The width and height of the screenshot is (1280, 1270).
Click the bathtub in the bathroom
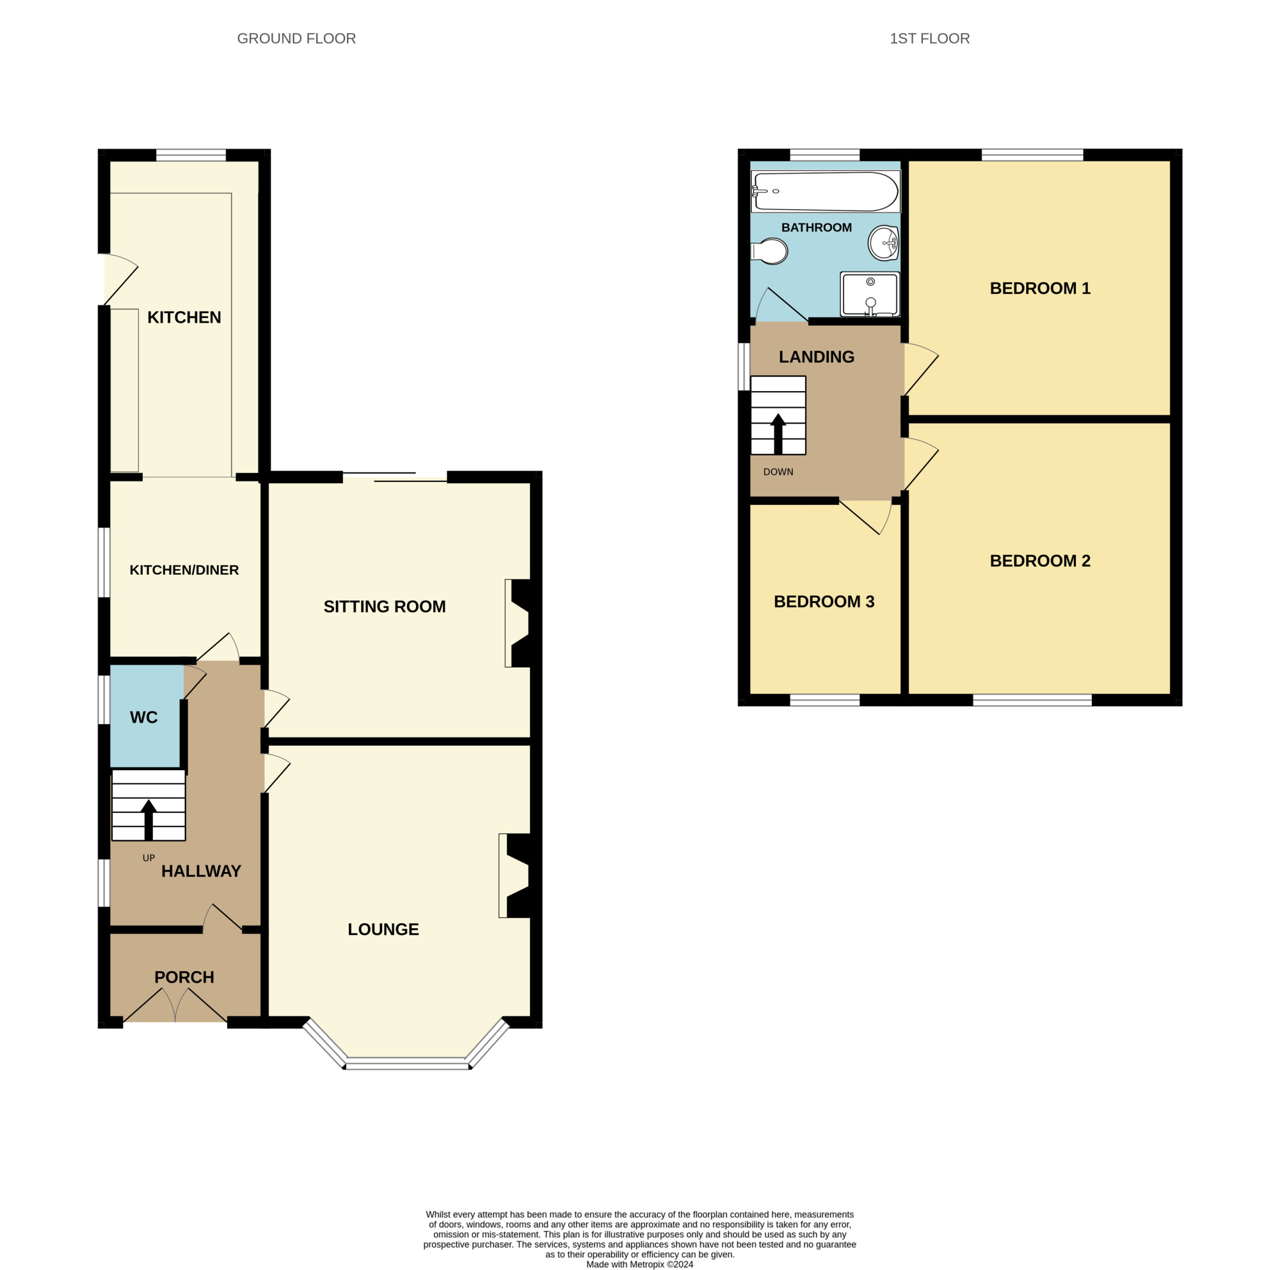(826, 191)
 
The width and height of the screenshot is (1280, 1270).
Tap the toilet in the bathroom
(769, 251)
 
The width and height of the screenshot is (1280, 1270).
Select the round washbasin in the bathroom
(883, 243)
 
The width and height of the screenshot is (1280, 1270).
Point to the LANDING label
(816, 357)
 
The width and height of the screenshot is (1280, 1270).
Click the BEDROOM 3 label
(824, 602)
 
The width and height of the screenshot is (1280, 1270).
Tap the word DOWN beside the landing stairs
(778, 472)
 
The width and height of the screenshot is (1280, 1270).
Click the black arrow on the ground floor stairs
(148, 820)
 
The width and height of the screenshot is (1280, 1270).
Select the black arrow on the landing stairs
(778, 434)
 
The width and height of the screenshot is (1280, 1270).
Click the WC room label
(144, 718)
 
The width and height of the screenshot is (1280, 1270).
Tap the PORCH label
(184, 977)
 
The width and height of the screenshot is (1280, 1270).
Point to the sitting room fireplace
(521, 623)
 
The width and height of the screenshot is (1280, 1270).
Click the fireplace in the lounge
(516, 875)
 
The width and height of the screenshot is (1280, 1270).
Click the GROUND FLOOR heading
(296, 38)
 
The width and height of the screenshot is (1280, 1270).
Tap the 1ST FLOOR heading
(929, 38)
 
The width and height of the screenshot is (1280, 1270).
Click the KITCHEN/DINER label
(184, 570)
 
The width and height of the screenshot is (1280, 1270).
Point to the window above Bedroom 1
(1032, 155)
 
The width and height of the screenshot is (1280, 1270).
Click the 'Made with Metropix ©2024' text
(640, 1264)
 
